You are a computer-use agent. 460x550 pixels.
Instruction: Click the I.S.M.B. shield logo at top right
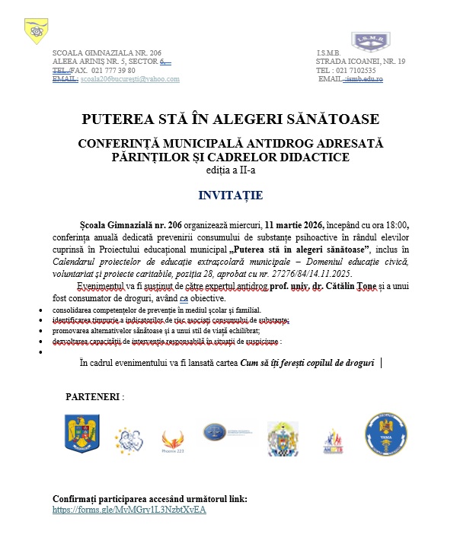(x=367, y=41)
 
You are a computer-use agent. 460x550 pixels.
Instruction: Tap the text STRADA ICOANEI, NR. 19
(x=360, y=61)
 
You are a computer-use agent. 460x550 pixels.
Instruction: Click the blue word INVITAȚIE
(x=230, y=196)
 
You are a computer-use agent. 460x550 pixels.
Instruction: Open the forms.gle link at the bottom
(x=129, y=510)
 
